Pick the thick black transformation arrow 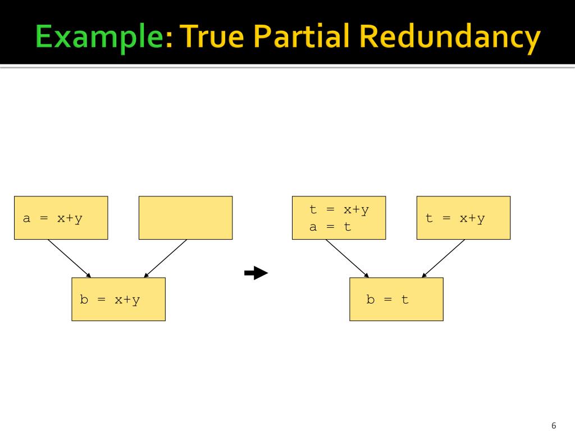[x=256, y=273]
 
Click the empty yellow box [x=185, y=218]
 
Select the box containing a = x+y [x=61, y=218]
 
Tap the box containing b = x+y [x=118, y=299]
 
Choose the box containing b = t [x=396, y=299]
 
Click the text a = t [x=330, y=227]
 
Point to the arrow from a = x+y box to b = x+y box [x=69, y=258]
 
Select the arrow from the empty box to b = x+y [x=166, y=258]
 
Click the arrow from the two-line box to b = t [x=347, y=258]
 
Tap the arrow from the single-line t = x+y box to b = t [x=444, y=258]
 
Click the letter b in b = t [x=371, y=299]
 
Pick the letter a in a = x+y [x=26, y=219]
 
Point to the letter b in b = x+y [x=84, y=299]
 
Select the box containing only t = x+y [x=463, y=218]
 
